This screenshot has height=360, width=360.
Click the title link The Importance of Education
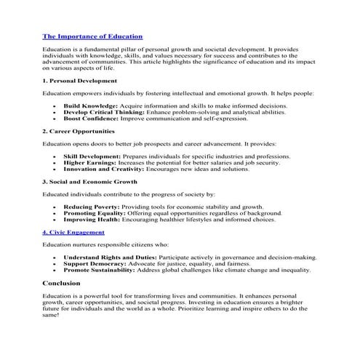click(92, 36)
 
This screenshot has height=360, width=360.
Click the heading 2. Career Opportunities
click(79, 131)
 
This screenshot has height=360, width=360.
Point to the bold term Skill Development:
click(92, 156)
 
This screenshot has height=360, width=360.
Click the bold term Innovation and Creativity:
click(105, 169)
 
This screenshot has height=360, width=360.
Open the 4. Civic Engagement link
click(73, 233)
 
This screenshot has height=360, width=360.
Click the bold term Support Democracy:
click(95, 264)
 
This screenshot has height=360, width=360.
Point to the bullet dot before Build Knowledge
click(55, 106)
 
